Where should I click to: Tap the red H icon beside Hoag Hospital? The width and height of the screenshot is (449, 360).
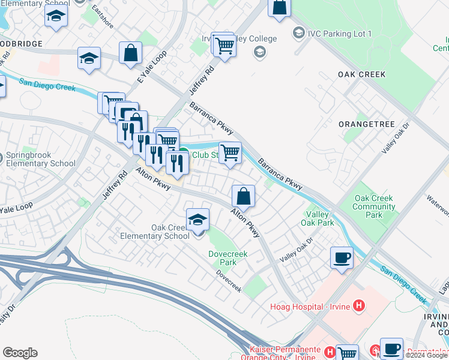tap(359, 307)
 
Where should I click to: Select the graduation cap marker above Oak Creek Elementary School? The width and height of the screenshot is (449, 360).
tap(197, 220)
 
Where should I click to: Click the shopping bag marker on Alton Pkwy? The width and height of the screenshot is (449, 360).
tap(243, 196)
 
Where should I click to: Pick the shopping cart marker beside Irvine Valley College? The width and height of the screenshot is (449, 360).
tap(224, 46)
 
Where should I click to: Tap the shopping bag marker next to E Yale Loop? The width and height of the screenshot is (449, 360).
tap(130, 53)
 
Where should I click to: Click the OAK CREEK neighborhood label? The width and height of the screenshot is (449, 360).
tap(361, 74)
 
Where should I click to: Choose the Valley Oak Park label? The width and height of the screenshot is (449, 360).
tap(320, 218)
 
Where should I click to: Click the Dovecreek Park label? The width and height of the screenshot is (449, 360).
tap(222, 258)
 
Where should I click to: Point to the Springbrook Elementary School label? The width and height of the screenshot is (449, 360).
tap(40, 159)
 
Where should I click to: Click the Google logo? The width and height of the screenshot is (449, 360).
tap(20, 353)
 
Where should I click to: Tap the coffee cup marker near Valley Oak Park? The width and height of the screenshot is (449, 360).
tap(342, 258)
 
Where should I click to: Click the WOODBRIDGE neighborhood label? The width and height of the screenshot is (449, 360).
tap(21, 44)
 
